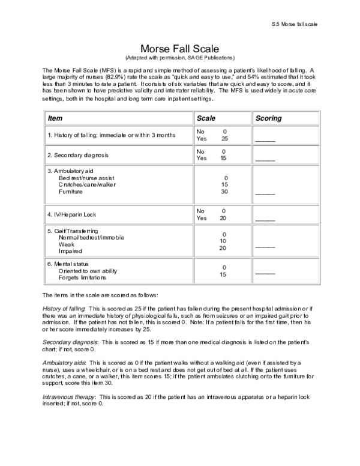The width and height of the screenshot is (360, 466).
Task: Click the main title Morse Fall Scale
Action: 179,48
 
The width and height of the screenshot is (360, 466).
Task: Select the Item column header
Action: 55,118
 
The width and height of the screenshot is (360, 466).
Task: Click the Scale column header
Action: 206,118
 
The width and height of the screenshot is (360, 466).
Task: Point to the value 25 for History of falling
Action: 224,138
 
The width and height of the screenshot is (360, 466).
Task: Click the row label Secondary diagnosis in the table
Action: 78,155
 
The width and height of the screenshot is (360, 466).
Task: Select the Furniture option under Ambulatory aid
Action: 71,192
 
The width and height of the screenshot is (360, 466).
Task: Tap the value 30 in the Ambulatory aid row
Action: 224,192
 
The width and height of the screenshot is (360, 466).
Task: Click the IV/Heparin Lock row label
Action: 71,214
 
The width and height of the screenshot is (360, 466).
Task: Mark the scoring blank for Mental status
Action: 265,273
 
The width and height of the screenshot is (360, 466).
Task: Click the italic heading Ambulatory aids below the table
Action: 64,363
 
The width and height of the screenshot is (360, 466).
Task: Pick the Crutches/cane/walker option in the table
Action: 86,185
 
